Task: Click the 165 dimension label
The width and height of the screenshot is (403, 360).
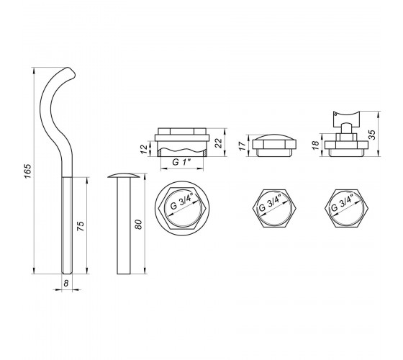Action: coord(27,171)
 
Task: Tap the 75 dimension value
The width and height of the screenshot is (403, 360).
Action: coord(81,226)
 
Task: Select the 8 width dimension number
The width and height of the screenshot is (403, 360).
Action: coord(66,284)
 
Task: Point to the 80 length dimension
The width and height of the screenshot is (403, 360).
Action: coord(138,225)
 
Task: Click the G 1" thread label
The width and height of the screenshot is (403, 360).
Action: coord(181,162)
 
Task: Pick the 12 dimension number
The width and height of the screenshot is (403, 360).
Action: coord(145,149)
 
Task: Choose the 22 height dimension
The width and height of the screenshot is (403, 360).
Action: coord(218,143)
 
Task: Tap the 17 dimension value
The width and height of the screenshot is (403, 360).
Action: coord(243,145)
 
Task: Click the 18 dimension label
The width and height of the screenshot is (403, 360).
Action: coord(316,145)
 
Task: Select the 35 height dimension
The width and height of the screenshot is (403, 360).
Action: coord(372,135)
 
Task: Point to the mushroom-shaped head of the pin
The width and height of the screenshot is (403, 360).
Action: coord(124,176)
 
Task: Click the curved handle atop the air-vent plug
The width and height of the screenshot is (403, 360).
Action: coord(346,117)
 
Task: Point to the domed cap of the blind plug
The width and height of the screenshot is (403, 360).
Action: coord(274,137)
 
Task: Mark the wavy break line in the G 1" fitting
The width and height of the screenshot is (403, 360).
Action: coord(182,150)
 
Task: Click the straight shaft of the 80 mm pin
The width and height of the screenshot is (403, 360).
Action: coord(124,226)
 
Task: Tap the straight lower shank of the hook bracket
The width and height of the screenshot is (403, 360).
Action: coord(67,225)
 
